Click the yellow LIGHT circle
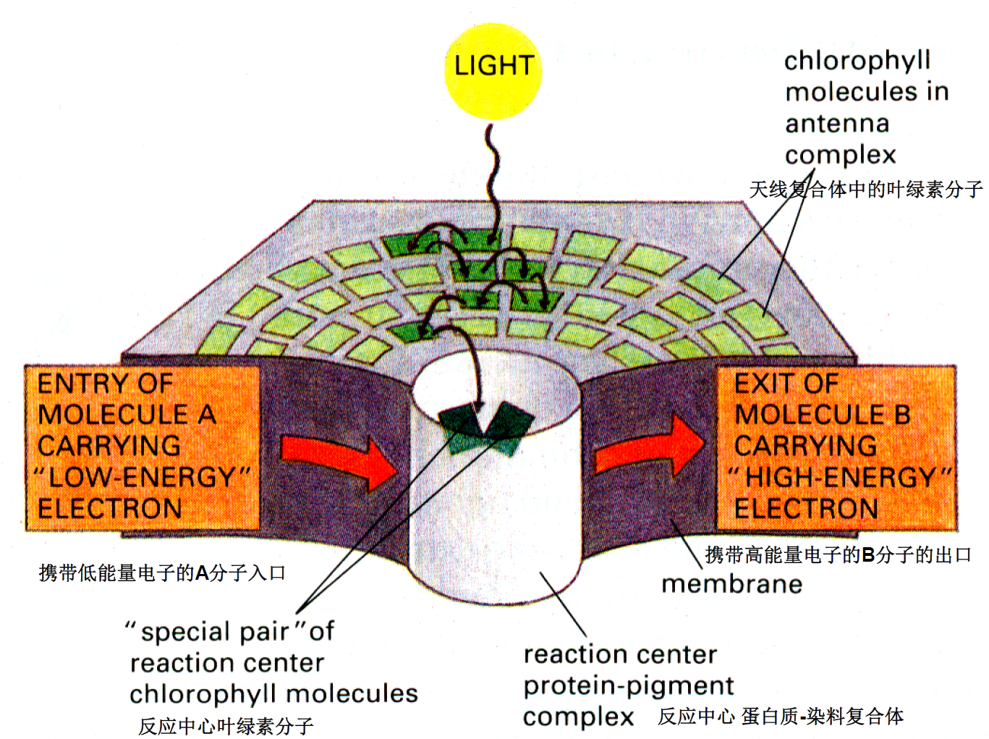493,70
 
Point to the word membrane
731,583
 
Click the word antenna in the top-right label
837,124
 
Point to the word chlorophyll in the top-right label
857,61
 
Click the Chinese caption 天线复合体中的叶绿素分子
865,190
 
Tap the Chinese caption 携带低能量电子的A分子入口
162,573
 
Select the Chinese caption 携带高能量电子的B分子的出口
838,555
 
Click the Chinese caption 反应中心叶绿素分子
226,726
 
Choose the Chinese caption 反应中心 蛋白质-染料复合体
780,717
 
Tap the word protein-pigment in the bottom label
628,685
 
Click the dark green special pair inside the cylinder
483,427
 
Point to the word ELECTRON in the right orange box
805,509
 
